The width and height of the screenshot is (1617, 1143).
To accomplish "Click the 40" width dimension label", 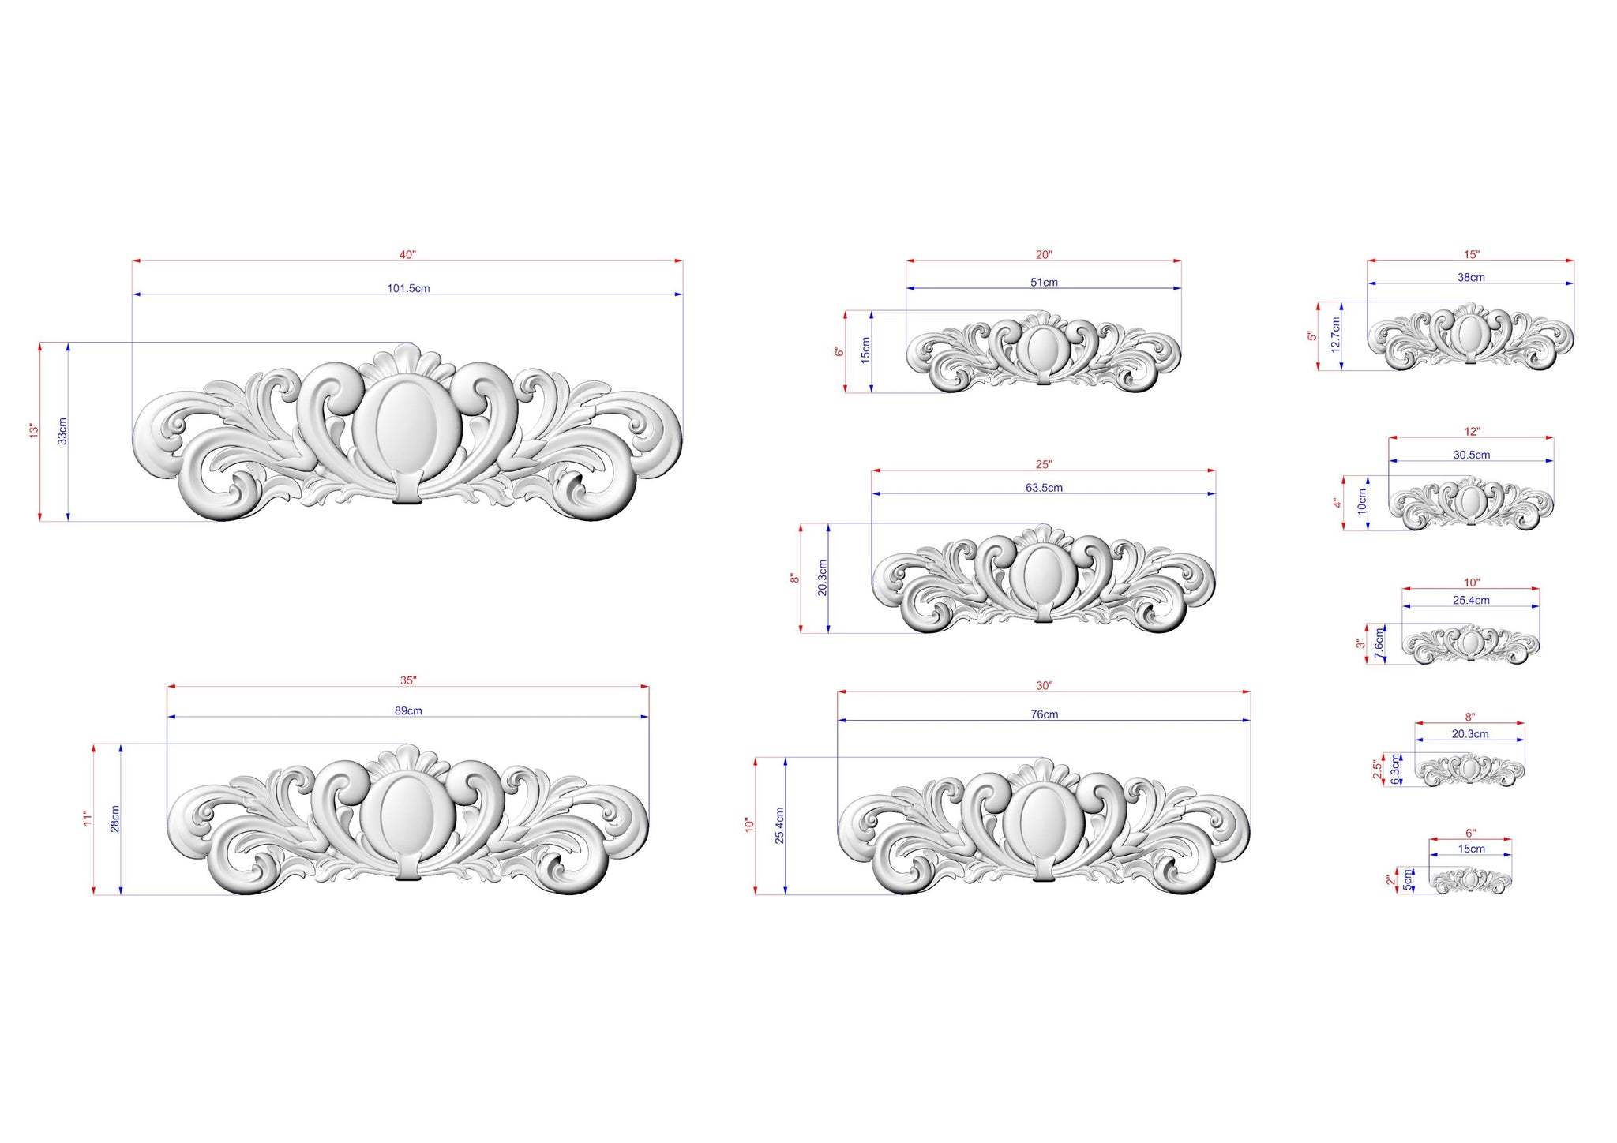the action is tap(407, 254).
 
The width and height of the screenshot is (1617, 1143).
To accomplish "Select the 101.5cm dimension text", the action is tap(408, 288).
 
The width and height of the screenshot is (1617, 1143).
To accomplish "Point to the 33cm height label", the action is tap(62, 431).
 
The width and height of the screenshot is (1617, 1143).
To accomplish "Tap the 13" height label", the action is tap(34, 431).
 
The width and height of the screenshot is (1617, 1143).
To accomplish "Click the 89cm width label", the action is tap(408, 710).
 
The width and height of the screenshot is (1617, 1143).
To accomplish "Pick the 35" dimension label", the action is tap(408, 680).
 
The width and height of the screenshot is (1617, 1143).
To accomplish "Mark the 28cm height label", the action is tap(115, 819).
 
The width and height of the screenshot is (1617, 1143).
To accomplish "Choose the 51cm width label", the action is tap(1044, 282).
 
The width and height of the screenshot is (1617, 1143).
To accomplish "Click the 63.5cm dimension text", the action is tap(1044, 487).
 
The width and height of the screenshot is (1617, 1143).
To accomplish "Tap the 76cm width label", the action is tap(1044, 714).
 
